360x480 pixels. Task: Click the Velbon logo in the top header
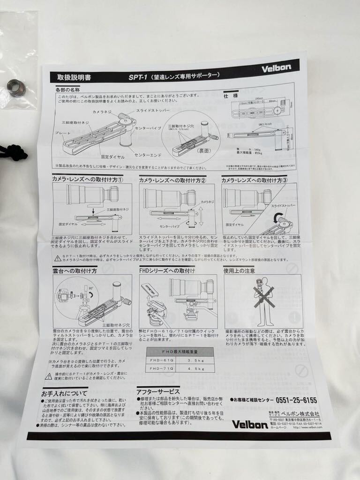click(276, 67)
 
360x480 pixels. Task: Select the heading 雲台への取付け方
click(75, 271)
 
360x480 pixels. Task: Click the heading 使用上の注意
click(240, 270)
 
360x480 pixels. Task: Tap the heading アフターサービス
click(158, 391)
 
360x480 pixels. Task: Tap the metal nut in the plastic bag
click(16, 88)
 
